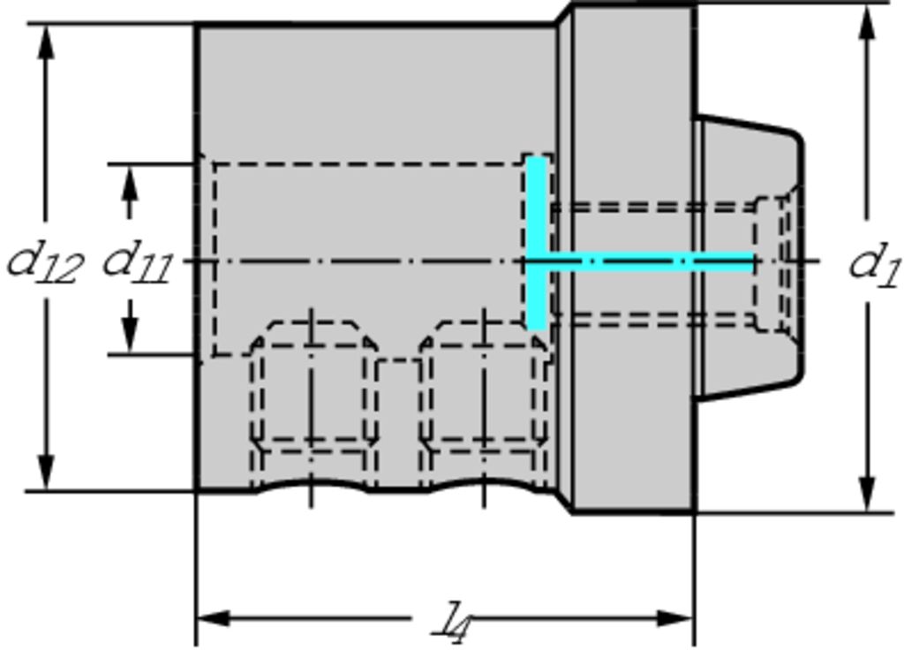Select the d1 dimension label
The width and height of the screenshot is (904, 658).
(874, 264)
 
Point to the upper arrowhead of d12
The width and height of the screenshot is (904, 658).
(46, 42)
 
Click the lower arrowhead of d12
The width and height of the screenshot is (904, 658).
(46, 473)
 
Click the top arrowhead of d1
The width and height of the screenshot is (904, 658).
(867, 23)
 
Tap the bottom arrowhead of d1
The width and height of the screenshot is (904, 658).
(867, 494)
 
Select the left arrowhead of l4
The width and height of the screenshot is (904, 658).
(214, 618)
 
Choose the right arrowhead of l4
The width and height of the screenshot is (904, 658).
(675, 618)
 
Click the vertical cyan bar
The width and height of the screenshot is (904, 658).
(538, 243)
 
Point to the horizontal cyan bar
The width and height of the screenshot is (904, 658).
(641, 261)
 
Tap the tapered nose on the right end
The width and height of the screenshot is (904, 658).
(749, 257)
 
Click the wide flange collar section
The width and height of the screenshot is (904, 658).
(633, 259)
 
